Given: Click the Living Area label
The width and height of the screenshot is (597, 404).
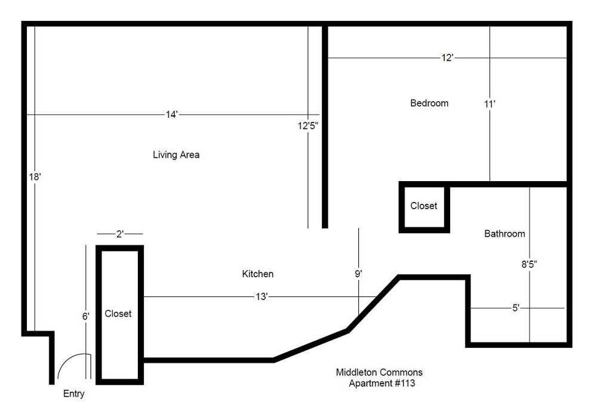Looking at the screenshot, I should [176, 155].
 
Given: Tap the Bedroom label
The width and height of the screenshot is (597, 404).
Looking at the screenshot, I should [429, 103].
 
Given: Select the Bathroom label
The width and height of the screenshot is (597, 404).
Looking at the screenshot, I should [504, 234].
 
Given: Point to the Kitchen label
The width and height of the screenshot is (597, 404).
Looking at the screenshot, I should [257, 274].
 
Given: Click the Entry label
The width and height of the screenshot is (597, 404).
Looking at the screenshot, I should [74, 394].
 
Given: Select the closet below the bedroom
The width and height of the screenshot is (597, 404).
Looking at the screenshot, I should [424, 206].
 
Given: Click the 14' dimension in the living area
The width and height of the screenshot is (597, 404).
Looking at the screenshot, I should [172, 114].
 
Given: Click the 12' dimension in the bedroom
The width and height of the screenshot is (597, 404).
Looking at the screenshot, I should [448, 58].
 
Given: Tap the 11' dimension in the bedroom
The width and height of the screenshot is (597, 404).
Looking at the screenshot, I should [490, 103].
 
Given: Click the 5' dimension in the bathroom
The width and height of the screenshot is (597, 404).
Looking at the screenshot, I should [516, 308].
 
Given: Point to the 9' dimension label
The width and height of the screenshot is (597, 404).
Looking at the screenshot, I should [358, 273].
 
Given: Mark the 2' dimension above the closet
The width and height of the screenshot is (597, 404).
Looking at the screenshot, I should [119, 234].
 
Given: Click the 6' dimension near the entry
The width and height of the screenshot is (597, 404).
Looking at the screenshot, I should [86, 316].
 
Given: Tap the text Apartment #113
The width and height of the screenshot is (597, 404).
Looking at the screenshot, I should [381, 383].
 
